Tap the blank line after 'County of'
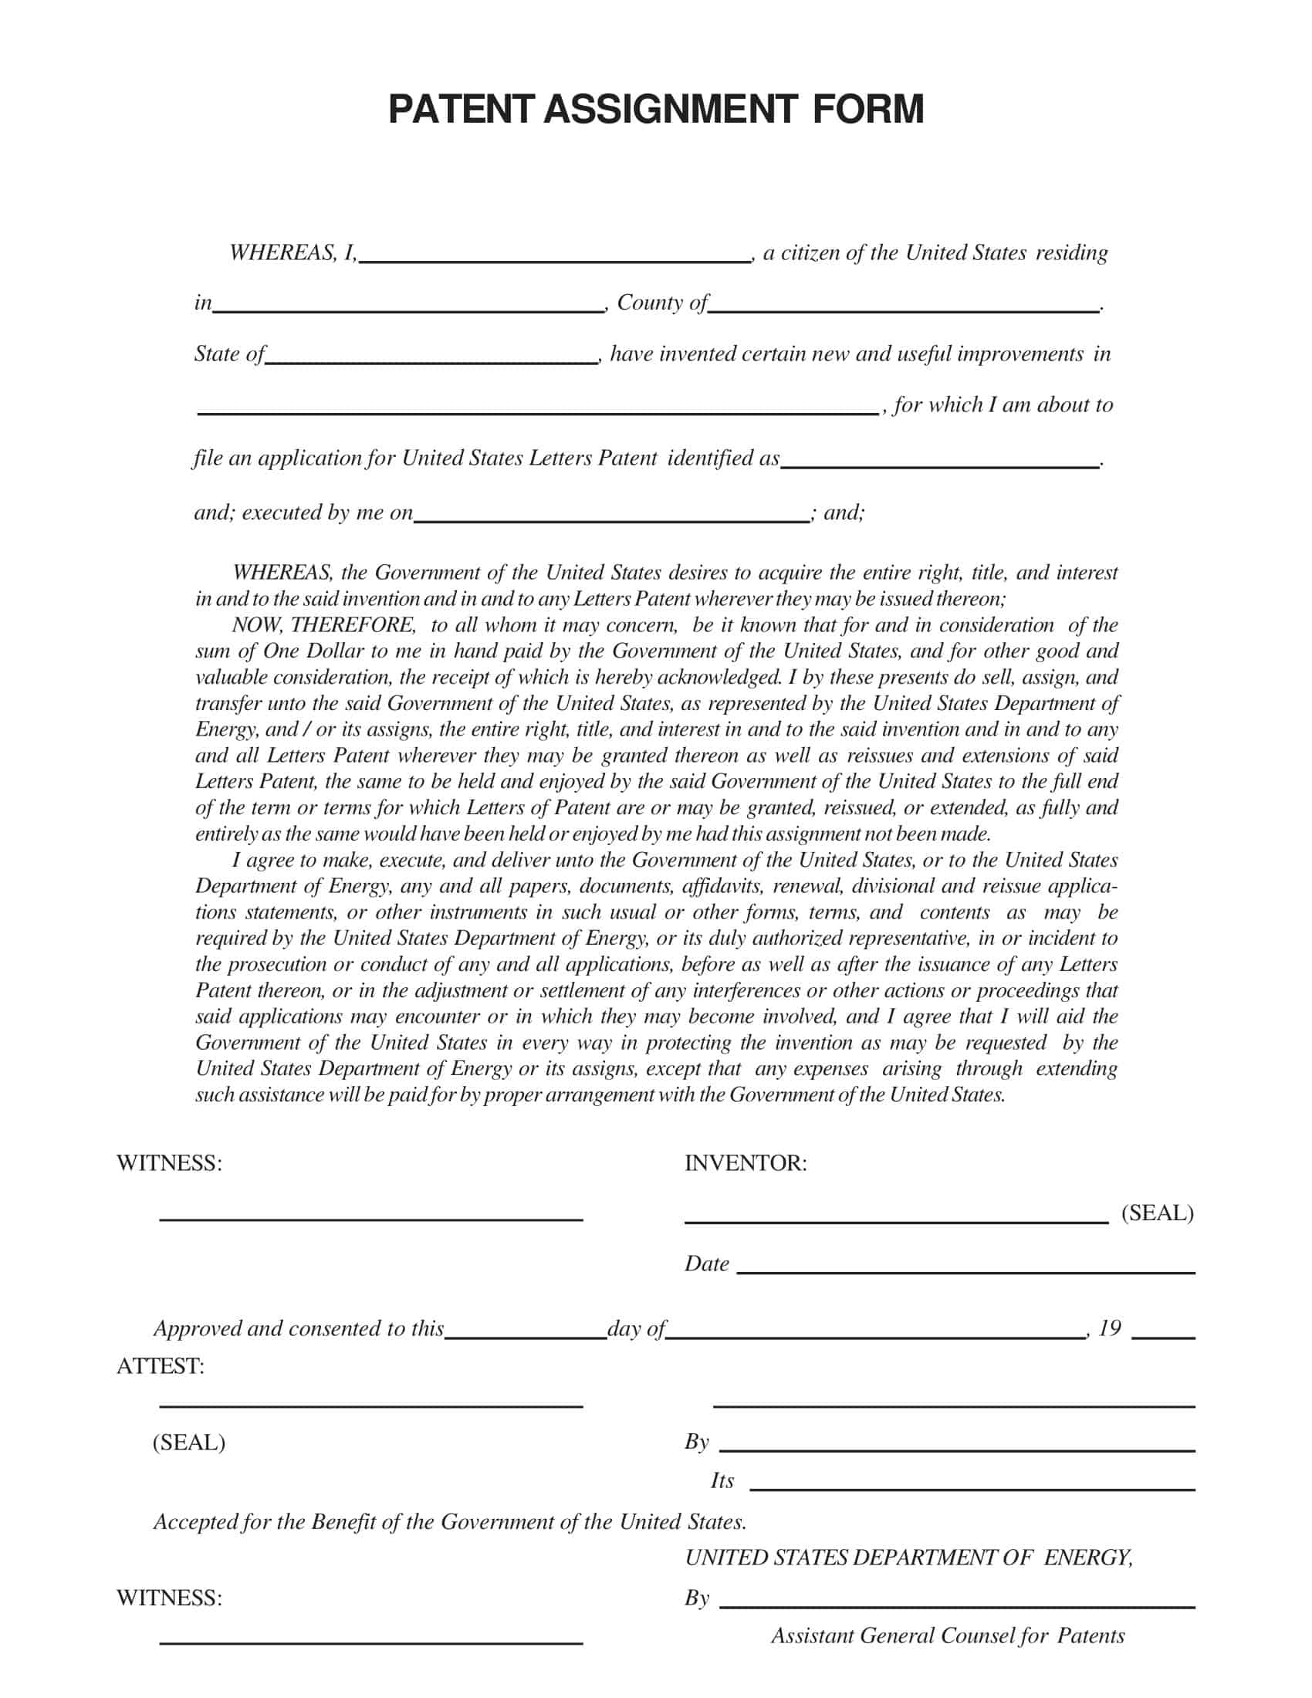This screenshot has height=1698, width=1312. [903, 306]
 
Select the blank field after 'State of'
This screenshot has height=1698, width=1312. [431, 357]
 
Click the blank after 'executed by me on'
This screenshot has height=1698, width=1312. [611, 516]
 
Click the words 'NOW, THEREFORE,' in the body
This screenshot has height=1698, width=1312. [323, 625]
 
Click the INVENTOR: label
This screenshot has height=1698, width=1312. [746, 1163]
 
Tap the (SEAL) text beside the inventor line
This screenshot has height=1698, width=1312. [1157, 1213]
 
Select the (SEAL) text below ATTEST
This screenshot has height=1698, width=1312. [189, 1443]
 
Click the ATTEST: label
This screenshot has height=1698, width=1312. [160, 1366]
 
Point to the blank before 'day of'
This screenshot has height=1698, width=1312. [526, 1333]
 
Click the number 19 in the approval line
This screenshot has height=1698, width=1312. [1109, 1328]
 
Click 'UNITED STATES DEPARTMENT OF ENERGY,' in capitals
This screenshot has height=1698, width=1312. [908, 1558]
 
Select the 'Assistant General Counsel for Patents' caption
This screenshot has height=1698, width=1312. [948, 1635]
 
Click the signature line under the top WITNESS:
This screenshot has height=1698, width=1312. [370, 1217]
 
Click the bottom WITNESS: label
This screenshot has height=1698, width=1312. [169, 1598]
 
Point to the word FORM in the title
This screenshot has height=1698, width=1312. [869, 110]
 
